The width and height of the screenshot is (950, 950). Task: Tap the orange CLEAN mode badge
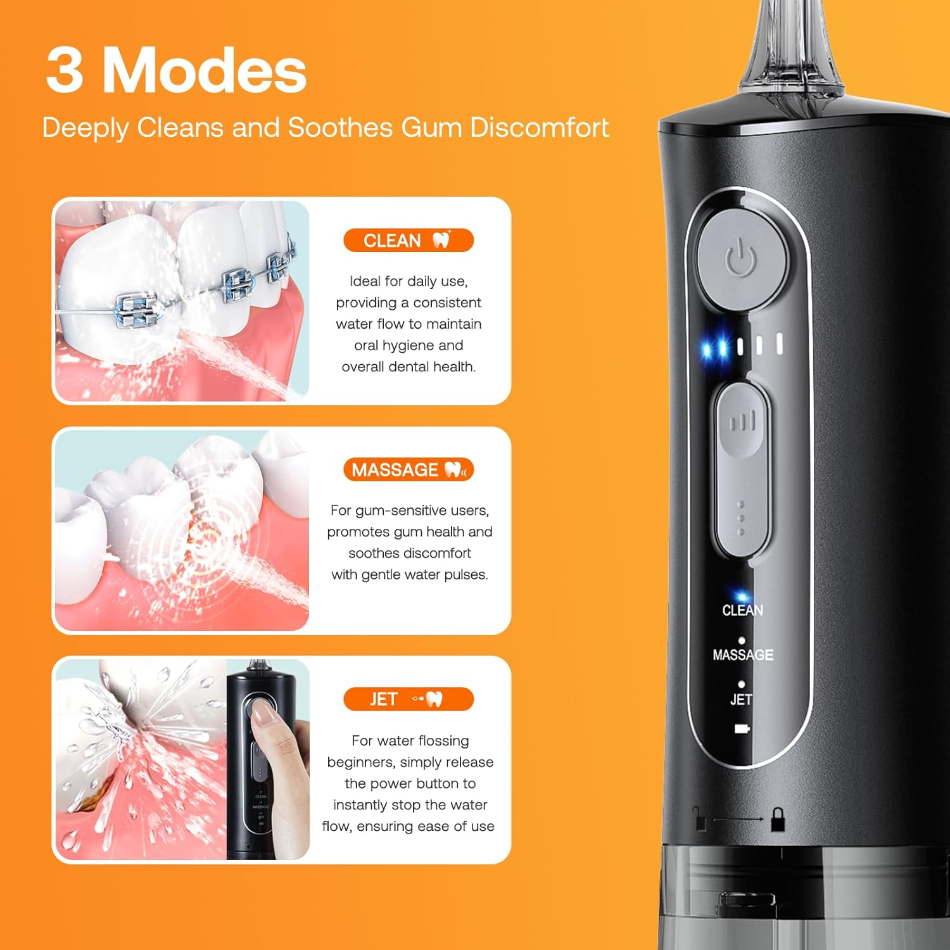pos(408,241)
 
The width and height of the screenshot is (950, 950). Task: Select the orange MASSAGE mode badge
pos(408,470)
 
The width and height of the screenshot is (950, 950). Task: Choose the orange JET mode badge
pos(408,699)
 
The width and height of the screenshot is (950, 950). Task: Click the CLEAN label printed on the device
pos(742,610)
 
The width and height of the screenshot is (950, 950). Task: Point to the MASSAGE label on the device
pos(743,655)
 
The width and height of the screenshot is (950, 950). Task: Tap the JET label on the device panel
pos(741,699)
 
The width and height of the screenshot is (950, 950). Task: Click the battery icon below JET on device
pos(742,729)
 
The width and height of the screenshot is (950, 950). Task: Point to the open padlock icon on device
pos(700,820)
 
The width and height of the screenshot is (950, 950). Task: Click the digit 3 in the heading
pos(65,71)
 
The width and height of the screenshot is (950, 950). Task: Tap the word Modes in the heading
pos(205,71)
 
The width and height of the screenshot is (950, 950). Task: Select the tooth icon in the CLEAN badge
pos(441,239)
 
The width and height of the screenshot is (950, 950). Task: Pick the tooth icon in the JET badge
pos(434,699)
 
